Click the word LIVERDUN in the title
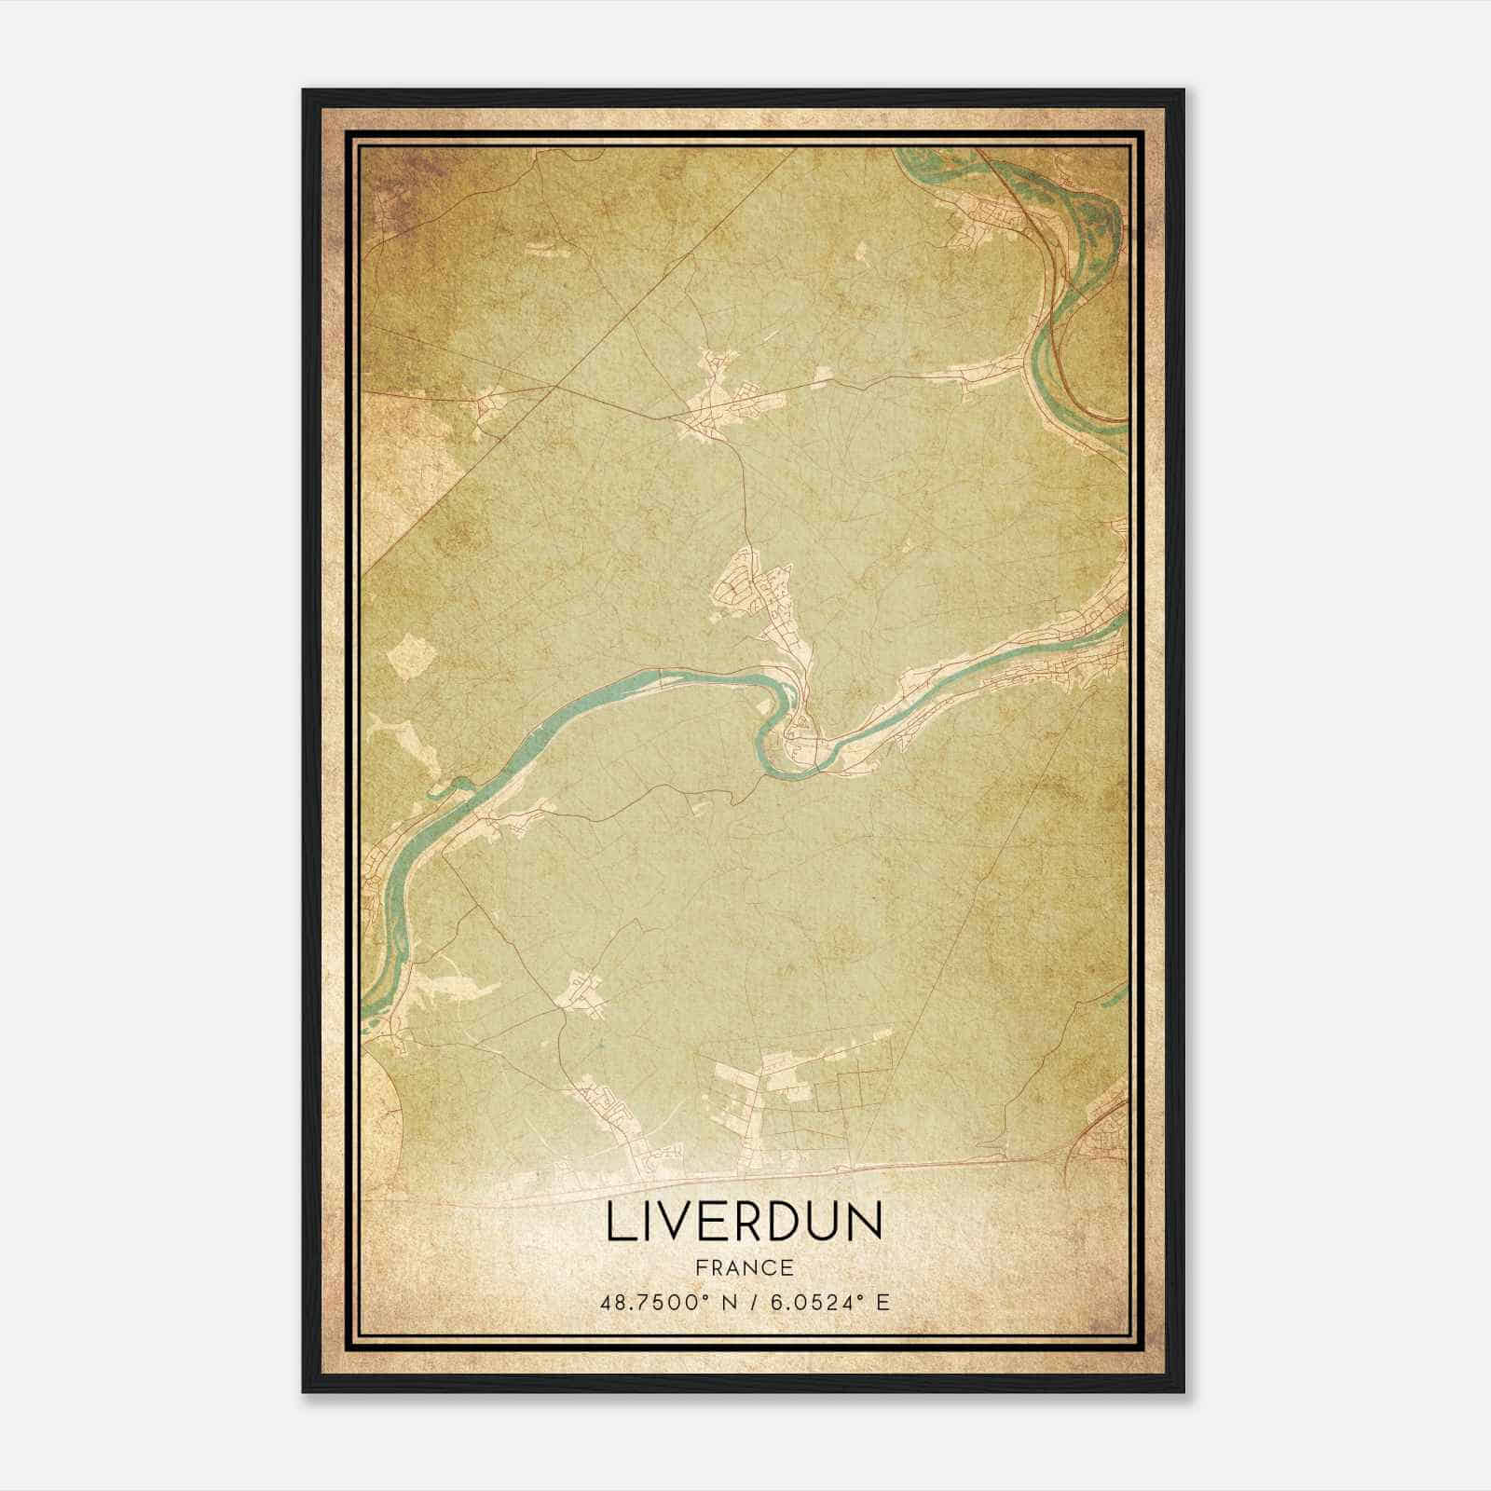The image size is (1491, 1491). pos(744,1223)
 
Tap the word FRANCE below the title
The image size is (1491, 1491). pos(744,1268)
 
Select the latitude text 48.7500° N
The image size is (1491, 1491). pos(664,1302)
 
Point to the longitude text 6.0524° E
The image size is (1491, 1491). pos(828,1302)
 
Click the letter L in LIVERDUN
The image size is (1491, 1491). pos(617,1223)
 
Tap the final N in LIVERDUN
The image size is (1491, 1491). pos(865,1223)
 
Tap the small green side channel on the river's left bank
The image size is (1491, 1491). pos(447,790)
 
